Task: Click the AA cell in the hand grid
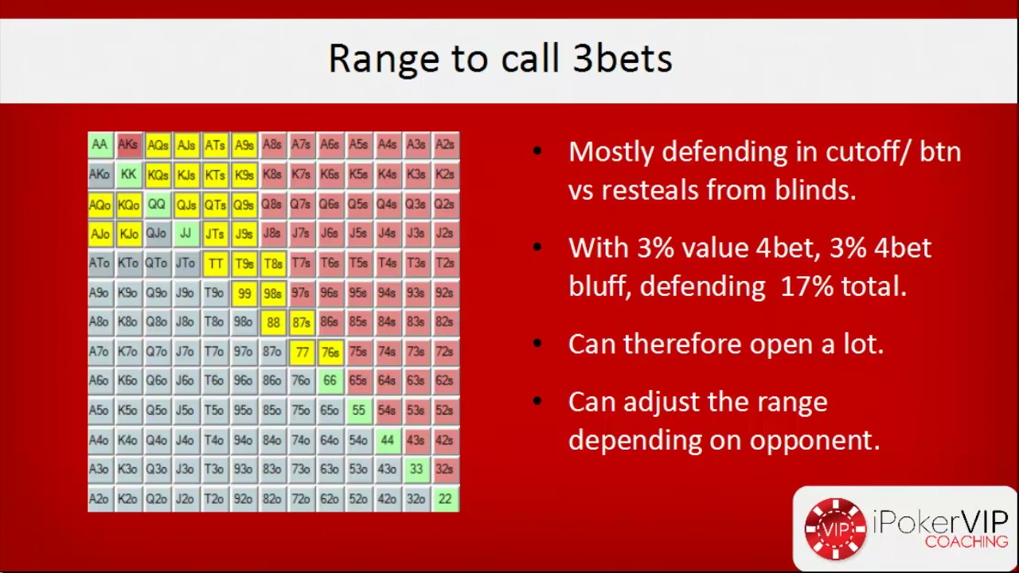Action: coord(100,145)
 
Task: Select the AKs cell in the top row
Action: coord(129,145)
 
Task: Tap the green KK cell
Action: coord(129,174)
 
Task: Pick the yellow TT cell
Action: coord(215,263)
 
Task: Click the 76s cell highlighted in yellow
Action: coord(330,353)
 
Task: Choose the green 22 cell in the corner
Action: coord(445,499)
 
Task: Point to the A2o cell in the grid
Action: coord(100,499)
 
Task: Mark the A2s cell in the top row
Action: coord(445,145)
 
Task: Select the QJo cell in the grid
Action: coord(157,234)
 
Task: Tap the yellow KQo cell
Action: coord(129,205)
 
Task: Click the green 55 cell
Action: coord(358,411)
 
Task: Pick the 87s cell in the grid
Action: coord(301,322)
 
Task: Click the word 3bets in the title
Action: coord(623,59)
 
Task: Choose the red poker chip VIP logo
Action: coord(835,529)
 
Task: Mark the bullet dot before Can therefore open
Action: coord(537,343)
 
